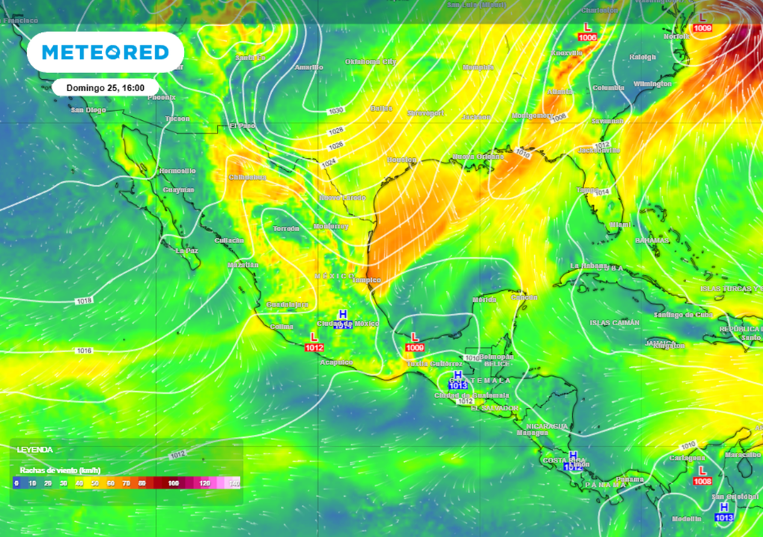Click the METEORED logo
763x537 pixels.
[x=105, y=52]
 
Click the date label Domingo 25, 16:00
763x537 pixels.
[x=105, y=87]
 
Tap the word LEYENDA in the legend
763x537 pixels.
[x=34, y=450]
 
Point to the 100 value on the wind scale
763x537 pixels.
[x=174, y=483]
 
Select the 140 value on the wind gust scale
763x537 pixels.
[x=234, y=483]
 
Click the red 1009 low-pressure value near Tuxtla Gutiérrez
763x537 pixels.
[x=415, y=348]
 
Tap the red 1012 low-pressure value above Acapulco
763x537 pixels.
[x=314, y=348]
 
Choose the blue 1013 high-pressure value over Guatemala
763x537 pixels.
[x=458, y=385]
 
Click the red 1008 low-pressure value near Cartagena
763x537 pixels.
[x=702, y=481]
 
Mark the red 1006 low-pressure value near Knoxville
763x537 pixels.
[x=587, y=37]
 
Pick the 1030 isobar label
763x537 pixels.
[x=336, y=110]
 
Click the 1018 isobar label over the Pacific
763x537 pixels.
[x=84, y=301]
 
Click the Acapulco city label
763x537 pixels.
[x=335, y=362]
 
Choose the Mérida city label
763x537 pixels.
[x=484, y=300]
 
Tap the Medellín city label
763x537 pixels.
[x=686, y=518]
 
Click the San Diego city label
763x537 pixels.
[x=88, y=110]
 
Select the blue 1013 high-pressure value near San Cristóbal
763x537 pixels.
[x=724, y=517]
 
